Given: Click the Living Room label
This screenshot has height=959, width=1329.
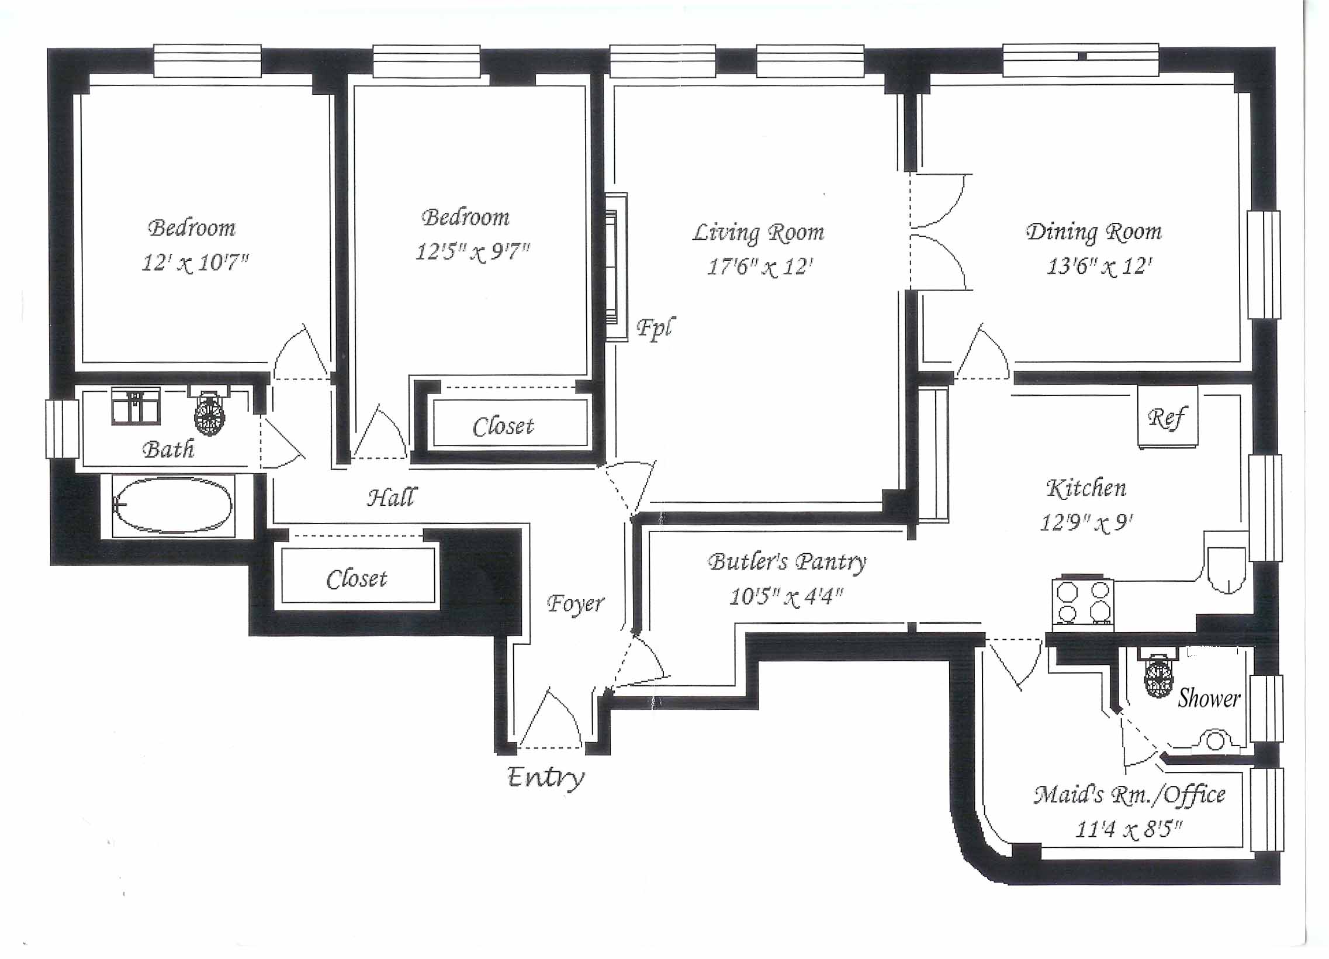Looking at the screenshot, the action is tap(758, 233).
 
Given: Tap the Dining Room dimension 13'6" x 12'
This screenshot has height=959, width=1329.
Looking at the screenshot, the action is tap(1099, 267).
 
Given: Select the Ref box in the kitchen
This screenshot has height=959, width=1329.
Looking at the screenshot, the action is tap(1167, 417).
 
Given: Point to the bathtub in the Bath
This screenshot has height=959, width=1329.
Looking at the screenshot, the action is tap(173, 505).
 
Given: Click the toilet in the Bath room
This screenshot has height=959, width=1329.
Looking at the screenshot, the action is tap(209, 410).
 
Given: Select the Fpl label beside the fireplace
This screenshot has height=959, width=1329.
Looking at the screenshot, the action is tap(656, 329).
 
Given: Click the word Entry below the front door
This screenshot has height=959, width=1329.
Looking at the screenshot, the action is tap(545, 778).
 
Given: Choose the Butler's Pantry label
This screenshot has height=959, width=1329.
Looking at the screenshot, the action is tap(787, 561).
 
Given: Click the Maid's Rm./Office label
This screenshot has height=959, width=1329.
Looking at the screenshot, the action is tap(1129, 795).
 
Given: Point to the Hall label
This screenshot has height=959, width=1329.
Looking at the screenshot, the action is tap(393, 497).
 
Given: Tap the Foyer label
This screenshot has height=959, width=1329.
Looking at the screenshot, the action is tap(576, 604).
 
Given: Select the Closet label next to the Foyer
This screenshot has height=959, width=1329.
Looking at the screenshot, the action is tap(357, 579).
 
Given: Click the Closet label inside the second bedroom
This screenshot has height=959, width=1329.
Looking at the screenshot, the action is tap(503, 426).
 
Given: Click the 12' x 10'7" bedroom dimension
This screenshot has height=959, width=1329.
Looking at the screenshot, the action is tap(195, 263).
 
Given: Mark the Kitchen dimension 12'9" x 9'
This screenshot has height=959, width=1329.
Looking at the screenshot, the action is tap(1086, 522).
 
